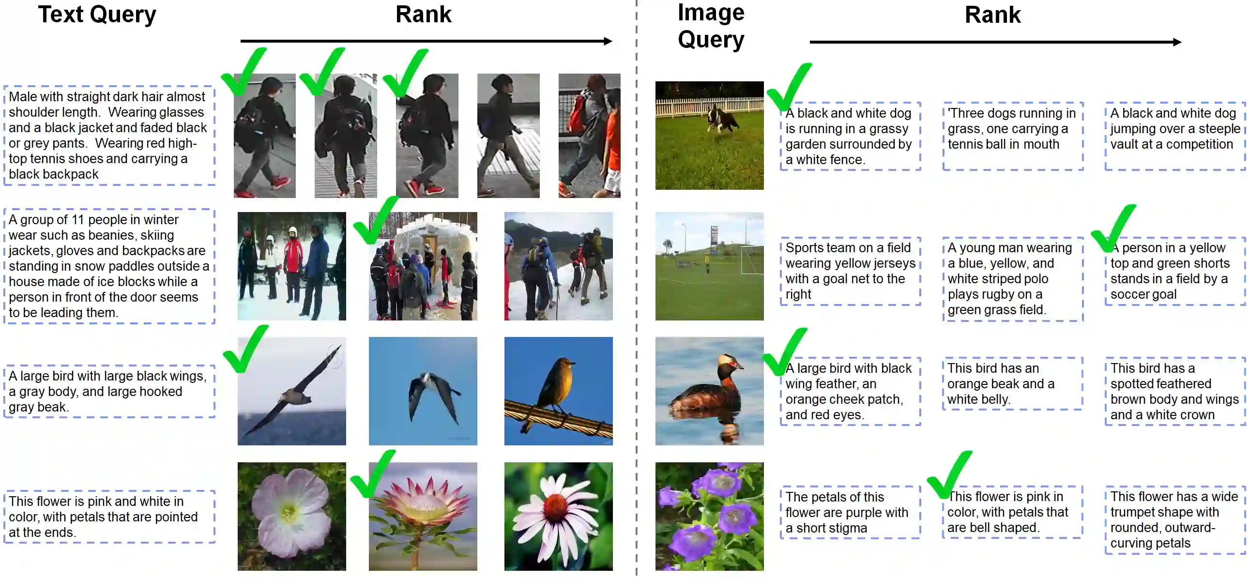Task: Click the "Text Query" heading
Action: click(x=97, y=15)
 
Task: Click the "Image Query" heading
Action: click(x=711, y=26)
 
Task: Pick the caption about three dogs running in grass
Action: click(x=1012, y=129)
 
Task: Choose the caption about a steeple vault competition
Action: click(x=1175, y=129)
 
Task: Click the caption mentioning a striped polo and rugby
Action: click(x=1012, y=279)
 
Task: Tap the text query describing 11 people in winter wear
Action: click(x=109, y=266)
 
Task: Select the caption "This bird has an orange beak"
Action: click(x=1012, y=383)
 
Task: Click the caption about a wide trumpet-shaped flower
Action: click(x=1175, y=519)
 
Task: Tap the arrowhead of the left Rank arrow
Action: click(x=608, y=41)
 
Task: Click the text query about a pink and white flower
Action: click(x=109, y=517)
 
